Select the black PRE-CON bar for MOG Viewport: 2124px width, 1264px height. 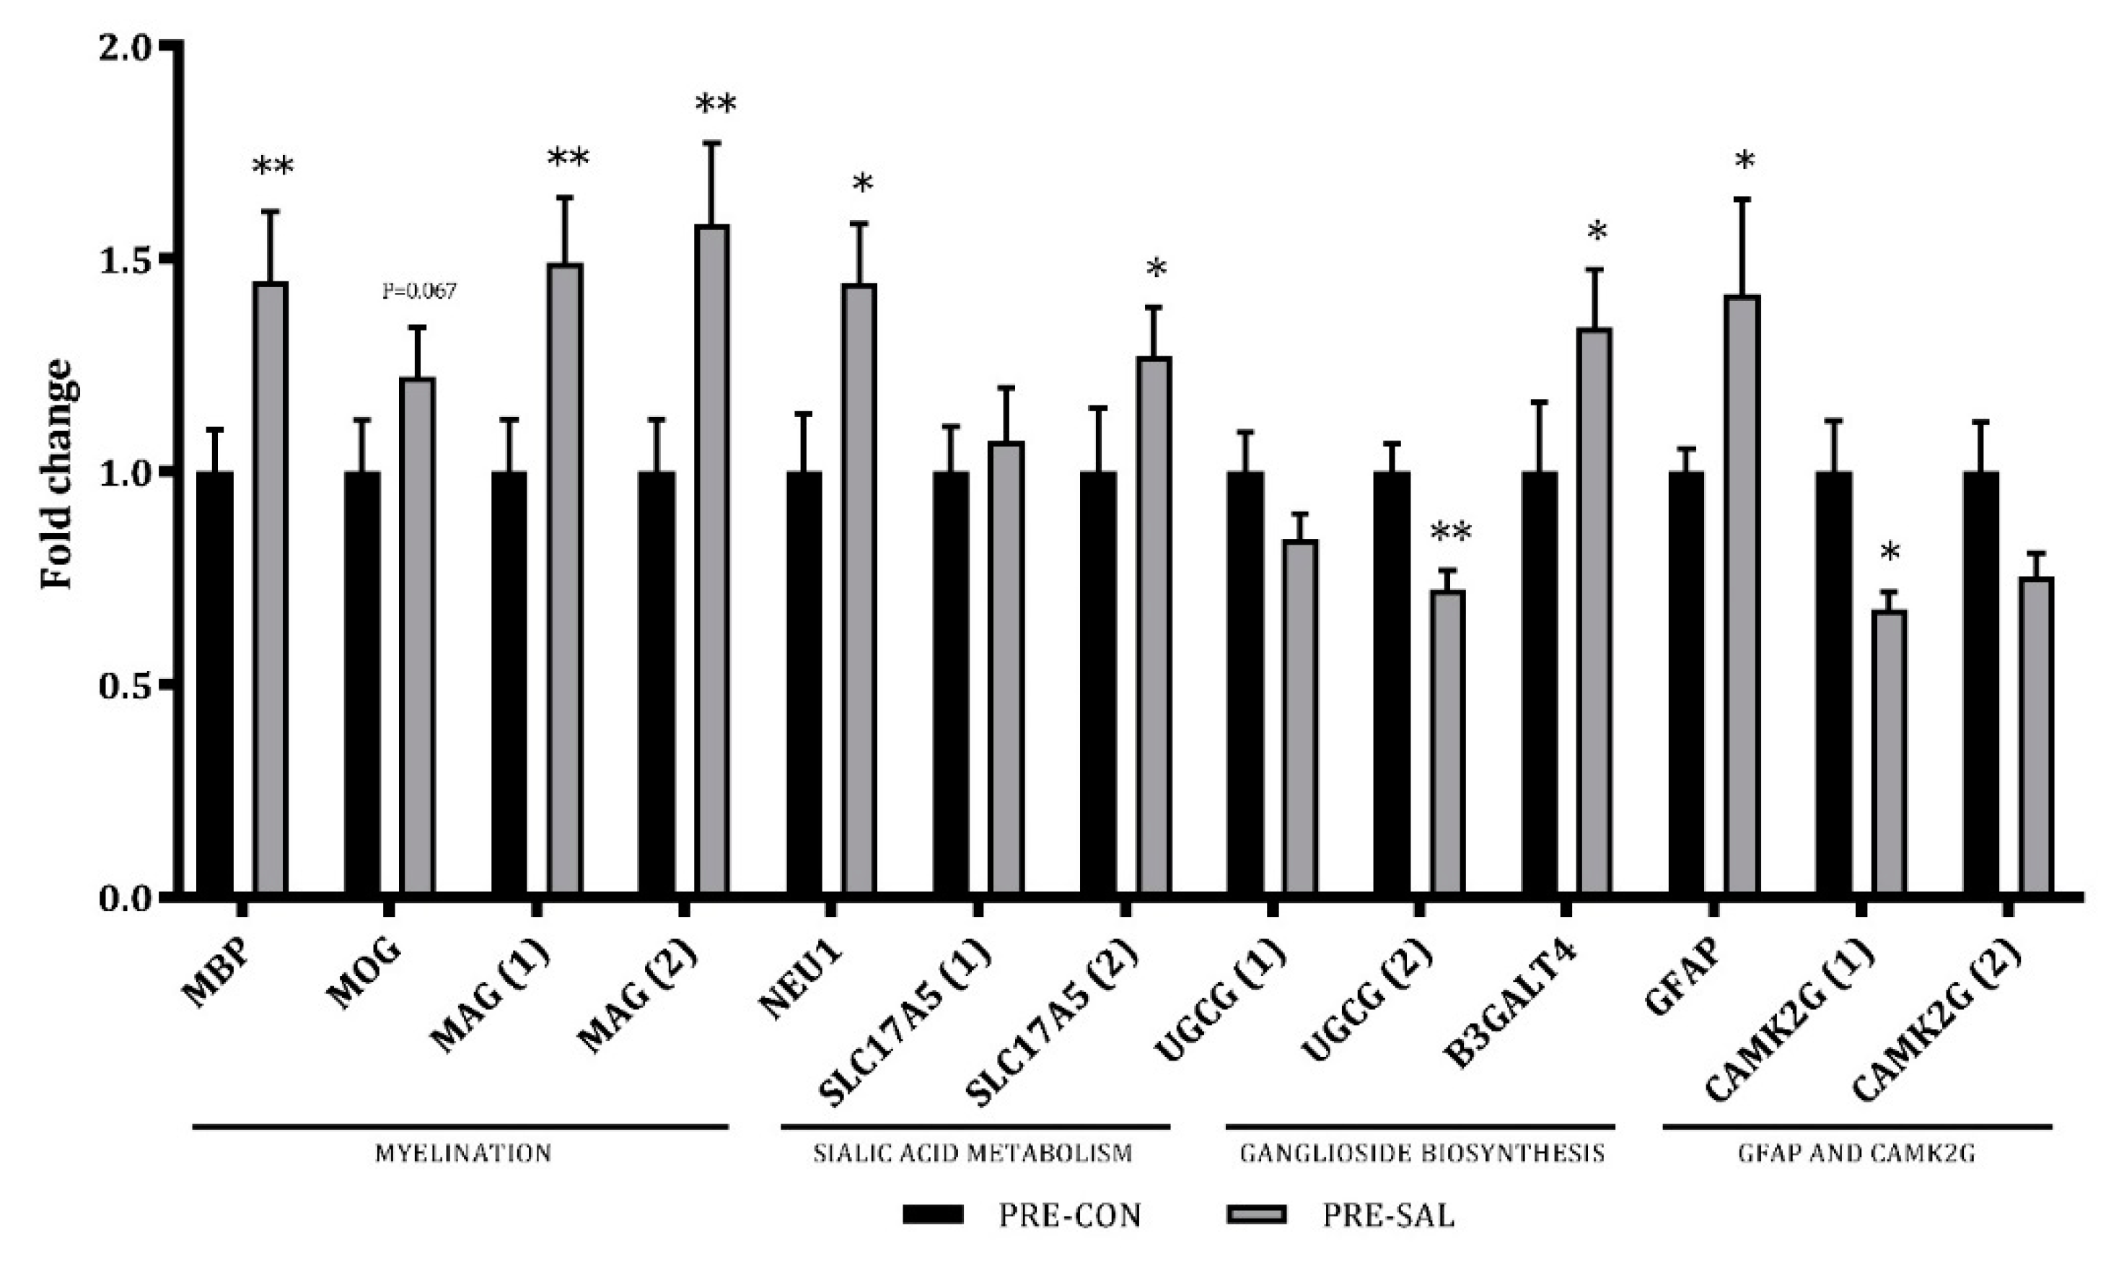click(x=362, y=681)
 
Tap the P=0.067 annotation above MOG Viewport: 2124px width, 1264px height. click(x=419, y=291)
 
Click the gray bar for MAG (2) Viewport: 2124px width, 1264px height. click(x=711, y=558)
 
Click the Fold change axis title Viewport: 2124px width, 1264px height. click(x=58, y=473)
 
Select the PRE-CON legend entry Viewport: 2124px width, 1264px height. click(x=1022, y=1215)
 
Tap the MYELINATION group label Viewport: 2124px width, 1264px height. click(x=463, y=1154)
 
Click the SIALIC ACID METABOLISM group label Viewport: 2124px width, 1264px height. click(x=973, y=1154)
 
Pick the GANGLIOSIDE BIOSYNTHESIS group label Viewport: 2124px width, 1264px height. click(x=1421, y=1154)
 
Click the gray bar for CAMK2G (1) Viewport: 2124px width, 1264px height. click(x=1889, y=751)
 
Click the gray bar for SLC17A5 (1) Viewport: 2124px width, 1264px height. click(x=1006, y=668)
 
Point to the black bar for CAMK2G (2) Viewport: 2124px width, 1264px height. click(x=1980, y=681)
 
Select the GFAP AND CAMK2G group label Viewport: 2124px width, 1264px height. click(x=1856, y=1154)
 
